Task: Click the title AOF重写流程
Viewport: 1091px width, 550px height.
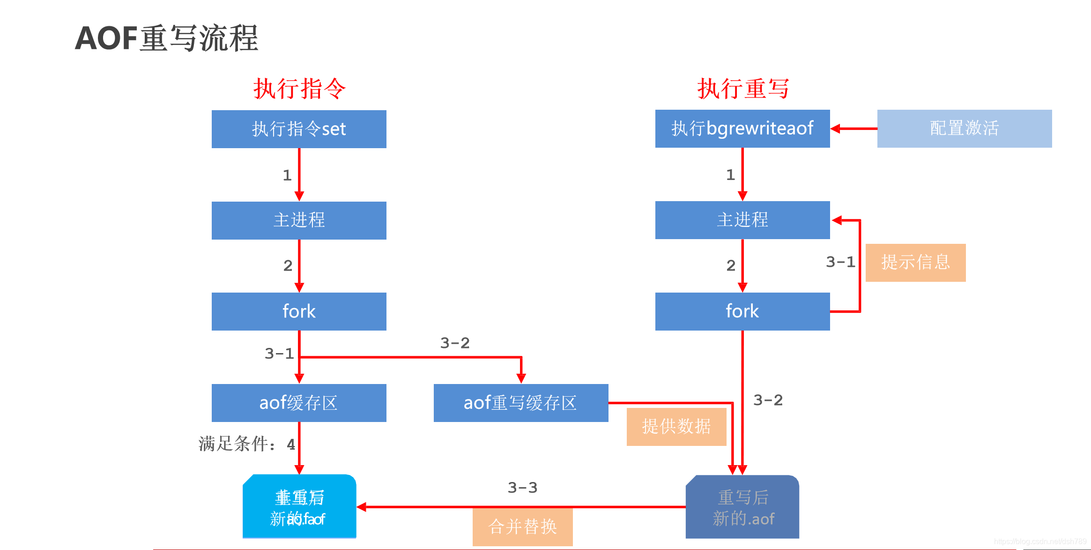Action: pyautogui.click(x=167, y=38)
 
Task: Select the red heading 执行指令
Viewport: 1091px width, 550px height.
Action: pyautogui.click(x=299, y=89)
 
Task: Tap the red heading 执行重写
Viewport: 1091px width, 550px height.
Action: pyautogui.click(x=743, y=89)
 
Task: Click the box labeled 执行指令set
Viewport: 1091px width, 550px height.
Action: pyautogui.click(x=299, y=129)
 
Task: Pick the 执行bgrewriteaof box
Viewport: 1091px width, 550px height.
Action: pyautogui.click(x=742, y=128)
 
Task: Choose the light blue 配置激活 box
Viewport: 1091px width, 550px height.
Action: pyautogui.click(x=964, y=128)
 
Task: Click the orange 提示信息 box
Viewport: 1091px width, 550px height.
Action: pyautogui.click(x=915, y=263)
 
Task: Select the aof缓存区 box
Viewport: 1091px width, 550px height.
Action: pyautogui.click(x=299, y=403)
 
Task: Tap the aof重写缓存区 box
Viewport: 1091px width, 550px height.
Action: pyautogui.click(x=521, y=403)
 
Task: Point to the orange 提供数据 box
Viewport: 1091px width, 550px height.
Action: pyautogui.click(x=676, y=427)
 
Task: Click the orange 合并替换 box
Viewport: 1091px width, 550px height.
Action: pyautogui.click(x=522, y=527)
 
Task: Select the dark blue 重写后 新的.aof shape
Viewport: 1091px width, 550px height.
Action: pyautogui.click(x=742, y=507)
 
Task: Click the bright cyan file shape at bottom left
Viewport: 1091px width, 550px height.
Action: pyautogui.click(x=299, y=506)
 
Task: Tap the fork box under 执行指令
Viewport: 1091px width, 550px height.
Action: pyautogui.click(x=299, y=311)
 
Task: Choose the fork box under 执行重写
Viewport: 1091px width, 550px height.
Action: pyautogui.click(x=742, y=311)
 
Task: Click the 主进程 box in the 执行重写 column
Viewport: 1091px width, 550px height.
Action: pyautogui.click(x=742, y=220)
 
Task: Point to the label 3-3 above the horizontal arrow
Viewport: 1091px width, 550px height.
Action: pyautogui.click(x=522, y=488)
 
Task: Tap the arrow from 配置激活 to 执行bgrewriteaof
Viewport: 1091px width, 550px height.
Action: pyautogui.click(x=854, y=128)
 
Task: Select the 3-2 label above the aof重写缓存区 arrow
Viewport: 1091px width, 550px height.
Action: pyautogui.click(x=454, y=343)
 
